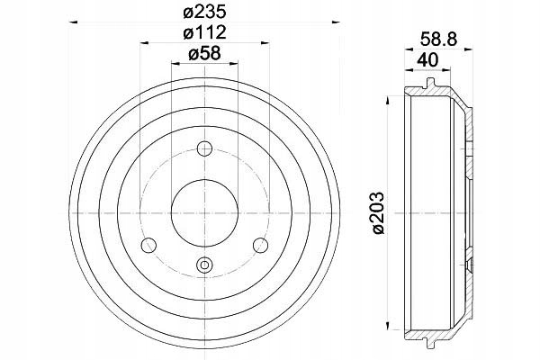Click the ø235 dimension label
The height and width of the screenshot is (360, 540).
204,13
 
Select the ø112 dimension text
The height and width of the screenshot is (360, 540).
204,32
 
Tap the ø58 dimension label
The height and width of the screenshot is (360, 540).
204,53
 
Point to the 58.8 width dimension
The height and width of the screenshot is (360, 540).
438,39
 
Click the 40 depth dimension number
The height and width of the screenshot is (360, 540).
427,60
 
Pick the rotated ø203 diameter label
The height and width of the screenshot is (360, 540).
378,213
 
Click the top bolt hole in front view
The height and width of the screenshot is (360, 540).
204,148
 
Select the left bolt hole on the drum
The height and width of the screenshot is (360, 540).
148,246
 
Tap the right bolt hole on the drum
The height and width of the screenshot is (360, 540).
260,246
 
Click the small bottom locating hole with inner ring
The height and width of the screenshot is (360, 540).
204,265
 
